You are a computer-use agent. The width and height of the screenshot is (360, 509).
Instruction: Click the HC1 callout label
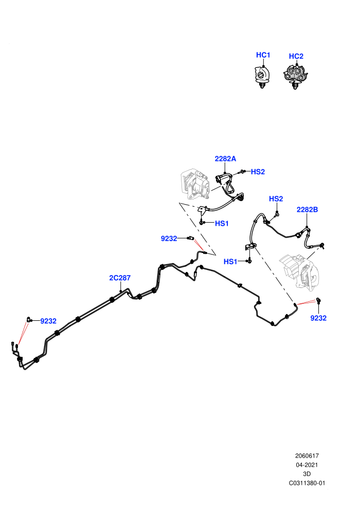click(x=263, y=55)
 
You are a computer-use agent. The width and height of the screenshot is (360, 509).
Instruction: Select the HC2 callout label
click(x=296, y=56)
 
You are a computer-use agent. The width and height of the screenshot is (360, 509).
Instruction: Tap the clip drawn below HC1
click(x=262, y=77)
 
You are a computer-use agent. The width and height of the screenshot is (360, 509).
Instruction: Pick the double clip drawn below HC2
click(x=295, y=77)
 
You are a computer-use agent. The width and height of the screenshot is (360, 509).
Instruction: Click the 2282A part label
click(x=225, y=159)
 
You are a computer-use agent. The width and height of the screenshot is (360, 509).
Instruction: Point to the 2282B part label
click(x=307, y=210)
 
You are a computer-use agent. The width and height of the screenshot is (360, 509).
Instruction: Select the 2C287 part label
click(x=120, y=278)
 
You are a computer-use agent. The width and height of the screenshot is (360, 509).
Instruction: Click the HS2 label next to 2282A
click(x=258, y=172)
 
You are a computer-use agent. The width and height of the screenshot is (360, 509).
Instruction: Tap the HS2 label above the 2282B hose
click(x=276, y=198)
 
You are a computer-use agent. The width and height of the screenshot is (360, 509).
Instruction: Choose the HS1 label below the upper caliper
click(x=222, y=223)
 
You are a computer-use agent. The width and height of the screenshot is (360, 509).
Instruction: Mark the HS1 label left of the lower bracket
click(x=230, y=262)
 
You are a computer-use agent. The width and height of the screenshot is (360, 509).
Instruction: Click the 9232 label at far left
click(x=48, y=321)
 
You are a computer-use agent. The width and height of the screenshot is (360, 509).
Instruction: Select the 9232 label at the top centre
click(x=169, y=239)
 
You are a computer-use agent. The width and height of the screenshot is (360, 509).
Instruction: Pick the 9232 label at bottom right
click(x=318, y=318)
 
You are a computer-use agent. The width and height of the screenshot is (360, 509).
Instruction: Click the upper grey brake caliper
click(x=194, y=184)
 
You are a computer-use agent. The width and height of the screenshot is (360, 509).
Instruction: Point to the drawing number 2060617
click(x=307, y=456)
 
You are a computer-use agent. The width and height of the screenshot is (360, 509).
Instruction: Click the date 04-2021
click(x=307, y=465)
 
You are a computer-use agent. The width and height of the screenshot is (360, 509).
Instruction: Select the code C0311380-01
click(x=307, y=483)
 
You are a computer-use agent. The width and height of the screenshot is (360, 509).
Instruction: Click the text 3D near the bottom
click(x=307, y=474)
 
